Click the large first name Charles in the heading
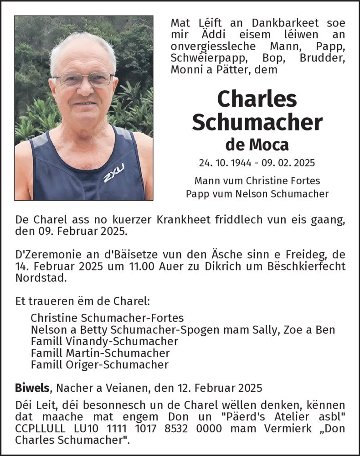point(257,99)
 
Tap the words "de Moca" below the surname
point(257,145)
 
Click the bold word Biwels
point(33,388)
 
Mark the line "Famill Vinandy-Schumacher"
point(104,341)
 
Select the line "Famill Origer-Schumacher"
point(99,365)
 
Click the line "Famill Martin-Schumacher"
point(100,353)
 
